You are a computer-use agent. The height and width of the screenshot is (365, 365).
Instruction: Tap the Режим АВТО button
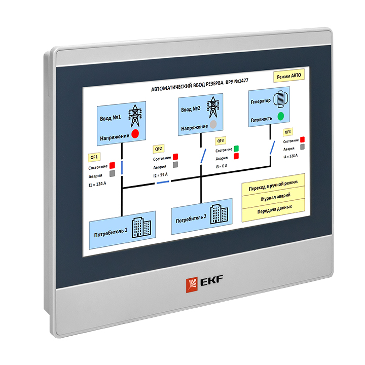289,77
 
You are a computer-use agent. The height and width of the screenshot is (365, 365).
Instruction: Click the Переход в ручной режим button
273,188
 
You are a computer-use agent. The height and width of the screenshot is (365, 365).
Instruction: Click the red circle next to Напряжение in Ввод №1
135,134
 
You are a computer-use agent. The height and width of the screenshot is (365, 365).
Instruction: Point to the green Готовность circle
281,116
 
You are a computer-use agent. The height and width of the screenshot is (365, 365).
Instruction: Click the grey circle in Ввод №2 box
213,124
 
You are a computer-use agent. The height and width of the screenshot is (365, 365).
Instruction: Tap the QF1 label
94,157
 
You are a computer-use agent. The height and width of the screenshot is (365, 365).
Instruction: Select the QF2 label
159,149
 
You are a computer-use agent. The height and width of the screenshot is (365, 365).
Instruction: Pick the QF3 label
221,140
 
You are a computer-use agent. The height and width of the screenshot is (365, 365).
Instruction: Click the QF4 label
288,132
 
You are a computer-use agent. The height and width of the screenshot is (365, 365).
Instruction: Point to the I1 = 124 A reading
97,184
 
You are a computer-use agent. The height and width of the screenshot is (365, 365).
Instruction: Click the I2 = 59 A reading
162,175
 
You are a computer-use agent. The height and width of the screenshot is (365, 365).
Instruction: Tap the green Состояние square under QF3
236,149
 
